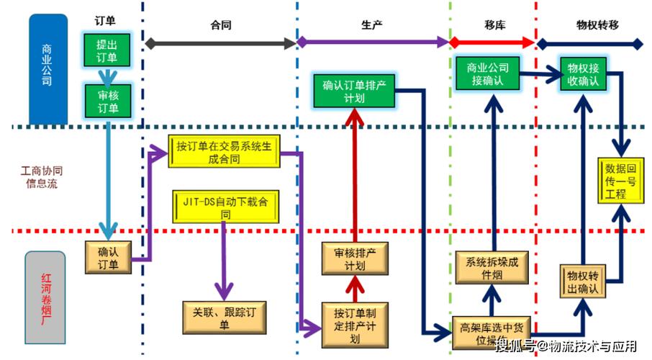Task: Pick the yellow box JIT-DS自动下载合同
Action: [x=225, y=207]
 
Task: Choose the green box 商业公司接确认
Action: [x=487, y=74]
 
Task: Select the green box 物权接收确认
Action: [x=583, y=74]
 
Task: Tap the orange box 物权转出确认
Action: [x=583, y=282]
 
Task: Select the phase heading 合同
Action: [x=221, y=24]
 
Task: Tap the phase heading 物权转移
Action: [x=597, y=24]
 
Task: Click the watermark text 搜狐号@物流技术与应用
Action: [x=568, y=346]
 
